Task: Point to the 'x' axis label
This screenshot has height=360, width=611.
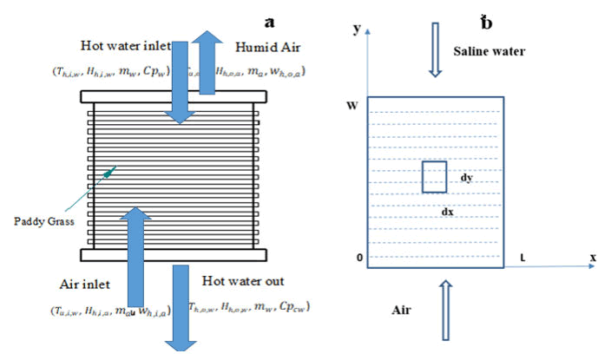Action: [593, 258]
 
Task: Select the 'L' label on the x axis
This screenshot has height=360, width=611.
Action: [522, 257]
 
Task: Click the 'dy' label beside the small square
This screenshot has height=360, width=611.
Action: [467, 177]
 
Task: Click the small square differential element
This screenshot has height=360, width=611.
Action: [434, 177]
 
